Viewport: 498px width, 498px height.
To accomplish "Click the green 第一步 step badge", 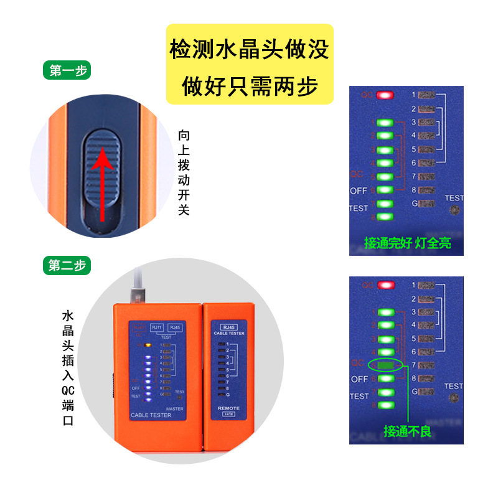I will coord(67,71).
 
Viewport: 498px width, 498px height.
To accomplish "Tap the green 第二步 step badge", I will coord(67,266).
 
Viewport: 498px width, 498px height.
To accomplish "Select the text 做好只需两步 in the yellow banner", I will coord(249,86).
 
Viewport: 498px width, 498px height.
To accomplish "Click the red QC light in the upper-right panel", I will coord(385,95).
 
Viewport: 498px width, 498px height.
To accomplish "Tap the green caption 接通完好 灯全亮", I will coord(406,243).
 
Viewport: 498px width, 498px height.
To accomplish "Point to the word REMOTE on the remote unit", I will coord(228,408).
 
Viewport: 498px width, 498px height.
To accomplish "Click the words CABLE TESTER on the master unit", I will coord(152,415).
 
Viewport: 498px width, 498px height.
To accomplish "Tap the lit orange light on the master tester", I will coord(148,344).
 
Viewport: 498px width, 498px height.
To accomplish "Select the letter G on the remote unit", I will coord(228,395).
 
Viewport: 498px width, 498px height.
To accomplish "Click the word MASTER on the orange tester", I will coord(174,409).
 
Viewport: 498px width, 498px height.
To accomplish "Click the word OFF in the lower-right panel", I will coord(359,378).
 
